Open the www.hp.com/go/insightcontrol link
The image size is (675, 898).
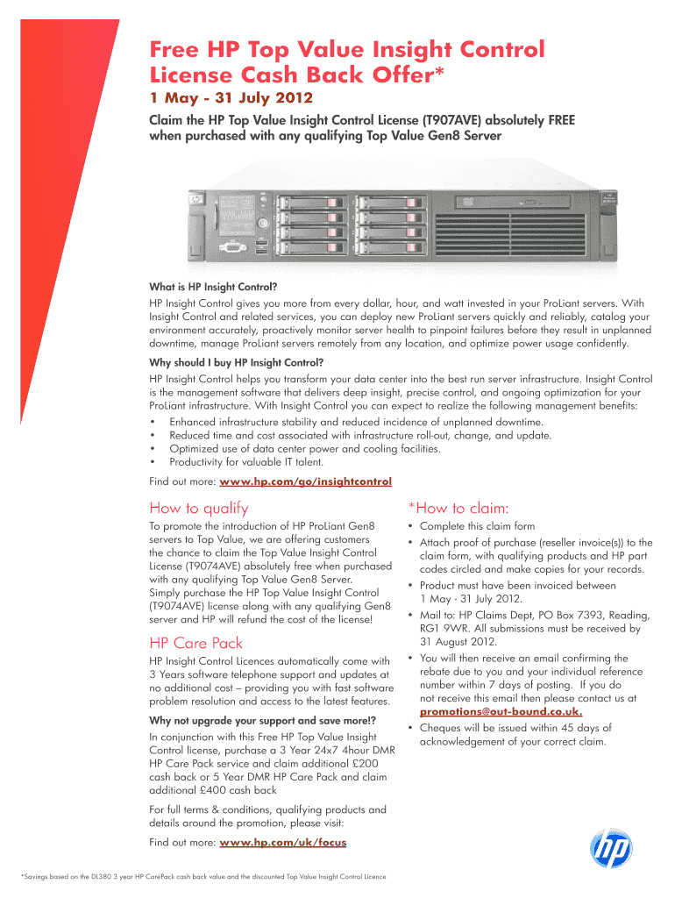click(x=305, y=481)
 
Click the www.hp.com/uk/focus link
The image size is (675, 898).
click(x=282, y=842)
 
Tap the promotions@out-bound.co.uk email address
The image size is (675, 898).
click(x=501, y=711)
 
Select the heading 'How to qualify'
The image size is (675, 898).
click(x=199, y=508)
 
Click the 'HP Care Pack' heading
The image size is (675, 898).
click(x=196, y=643)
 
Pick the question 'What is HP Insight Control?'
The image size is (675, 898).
click(x=219, y=286)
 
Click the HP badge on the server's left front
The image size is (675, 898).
click(x=195, y=202)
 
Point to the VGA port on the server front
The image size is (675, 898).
click(x=231, y=247)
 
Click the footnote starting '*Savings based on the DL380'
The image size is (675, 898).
click(x=203, y=876)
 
